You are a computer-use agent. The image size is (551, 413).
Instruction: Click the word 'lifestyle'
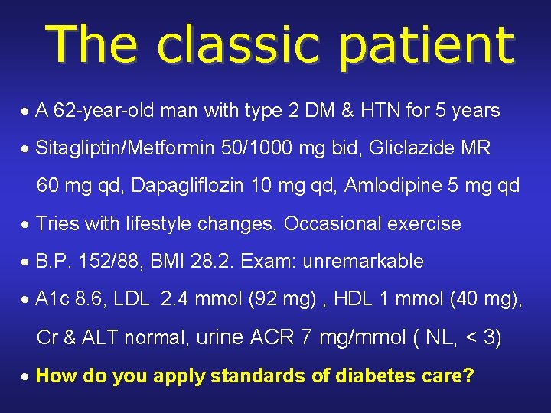158,224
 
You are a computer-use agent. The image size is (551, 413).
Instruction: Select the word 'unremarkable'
363,262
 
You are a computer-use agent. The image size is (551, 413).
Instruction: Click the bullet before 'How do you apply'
26,376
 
